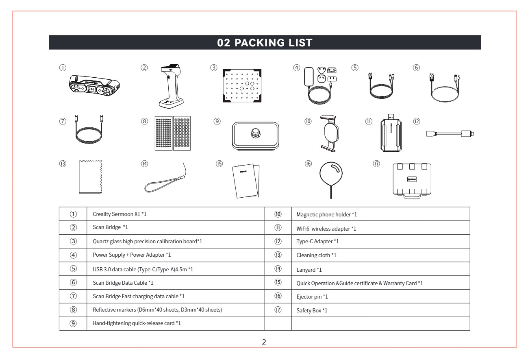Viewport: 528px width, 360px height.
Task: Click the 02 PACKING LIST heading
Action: tap(265, 43)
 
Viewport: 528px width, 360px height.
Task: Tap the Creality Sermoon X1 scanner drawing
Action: tap(95, 86)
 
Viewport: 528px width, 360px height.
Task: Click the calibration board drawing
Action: tap(242, 86)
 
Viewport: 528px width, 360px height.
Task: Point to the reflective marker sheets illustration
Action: tap(173, 133)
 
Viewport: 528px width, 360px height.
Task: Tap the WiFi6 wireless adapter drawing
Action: tap(391, 133)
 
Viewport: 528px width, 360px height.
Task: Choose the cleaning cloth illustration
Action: tap(91, 177)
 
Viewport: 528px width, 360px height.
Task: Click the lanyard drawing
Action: tap(165, 178)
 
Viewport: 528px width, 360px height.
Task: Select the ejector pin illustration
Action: tap(331, 180)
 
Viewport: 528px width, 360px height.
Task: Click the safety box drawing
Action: tap(412, 181)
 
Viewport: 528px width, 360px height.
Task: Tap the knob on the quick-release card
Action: tap(255, 133)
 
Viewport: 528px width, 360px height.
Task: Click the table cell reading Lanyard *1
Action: tap(381, 269)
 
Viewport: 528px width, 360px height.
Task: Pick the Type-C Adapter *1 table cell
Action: tap(381, 241)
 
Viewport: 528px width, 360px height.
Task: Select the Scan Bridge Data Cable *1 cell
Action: tap(176, 283)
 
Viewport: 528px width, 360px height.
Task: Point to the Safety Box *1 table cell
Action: tap(381, 310)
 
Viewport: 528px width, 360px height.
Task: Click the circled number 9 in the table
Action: tap(73, 323)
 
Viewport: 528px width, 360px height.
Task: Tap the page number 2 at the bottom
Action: tap(264, 342)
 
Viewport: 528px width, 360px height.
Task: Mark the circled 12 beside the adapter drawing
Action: tap(417, 121)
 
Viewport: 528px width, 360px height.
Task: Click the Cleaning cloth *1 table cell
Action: tap(381, 255)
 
